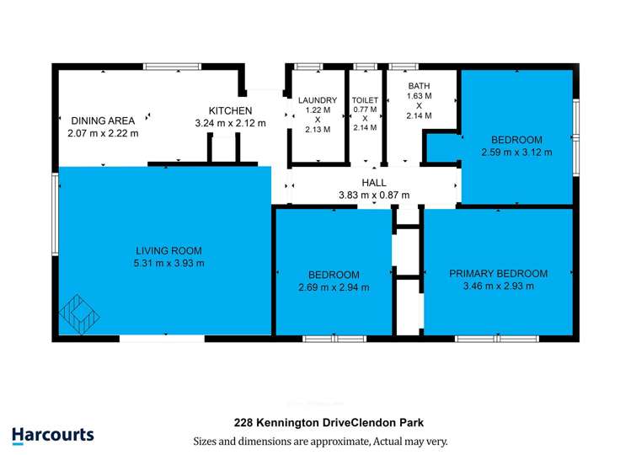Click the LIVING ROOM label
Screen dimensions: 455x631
coord(168,250)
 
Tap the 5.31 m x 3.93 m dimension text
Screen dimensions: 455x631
coord(168,263)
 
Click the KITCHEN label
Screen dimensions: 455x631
coord(230,110)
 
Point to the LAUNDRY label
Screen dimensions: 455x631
coord(318,100)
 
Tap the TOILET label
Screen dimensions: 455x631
coord(366,99)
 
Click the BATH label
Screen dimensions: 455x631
coord(419,86)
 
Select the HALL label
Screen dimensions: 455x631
coord(373,183)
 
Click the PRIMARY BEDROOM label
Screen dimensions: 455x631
coord(498,274)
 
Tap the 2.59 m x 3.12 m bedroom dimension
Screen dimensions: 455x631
coord(516,153)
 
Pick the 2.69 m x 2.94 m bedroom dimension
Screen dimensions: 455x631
coord(334,287)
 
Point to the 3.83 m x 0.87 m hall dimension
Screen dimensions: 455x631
coord(373,195)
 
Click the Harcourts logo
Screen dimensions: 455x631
coord(53,435)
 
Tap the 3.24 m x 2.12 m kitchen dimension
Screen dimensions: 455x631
coord(230,123)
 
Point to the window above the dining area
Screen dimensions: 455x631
coord(172,66)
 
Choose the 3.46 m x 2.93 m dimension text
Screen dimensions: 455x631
coord(498,286)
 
